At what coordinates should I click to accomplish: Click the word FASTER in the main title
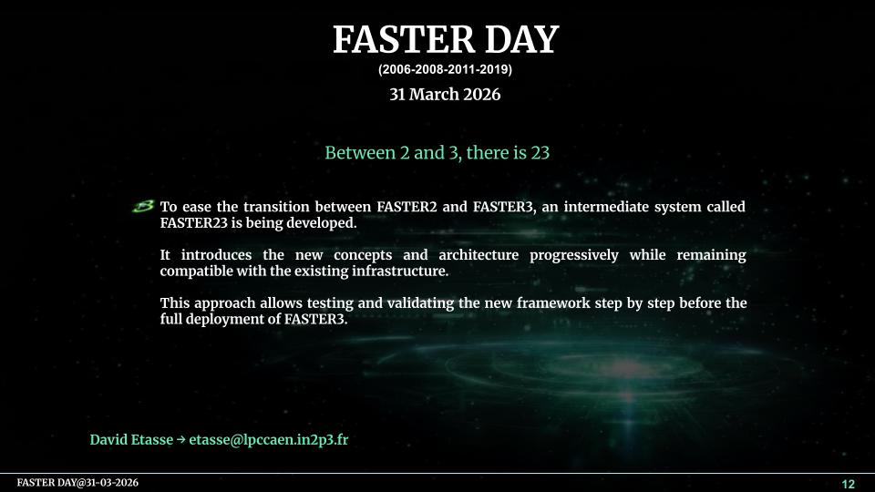[403, 39]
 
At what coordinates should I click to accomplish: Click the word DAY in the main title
[521, 39]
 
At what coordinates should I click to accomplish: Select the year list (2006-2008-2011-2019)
[445, 70]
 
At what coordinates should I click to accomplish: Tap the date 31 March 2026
[445, 94]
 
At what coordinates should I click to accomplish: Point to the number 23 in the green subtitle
[540, 152]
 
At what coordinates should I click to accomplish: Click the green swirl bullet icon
[143, 207]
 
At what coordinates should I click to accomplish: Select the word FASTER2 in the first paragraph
[407, 207]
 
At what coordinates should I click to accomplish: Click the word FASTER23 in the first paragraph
[193, 223]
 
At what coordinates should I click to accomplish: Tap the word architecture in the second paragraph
[479, 255]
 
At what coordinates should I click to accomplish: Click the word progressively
[573, 255]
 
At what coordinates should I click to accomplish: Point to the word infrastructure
[399, 272]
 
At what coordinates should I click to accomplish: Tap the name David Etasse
[131, 439]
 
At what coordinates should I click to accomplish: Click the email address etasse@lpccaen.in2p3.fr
[268, 439]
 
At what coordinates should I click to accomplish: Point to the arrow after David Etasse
[180, 439]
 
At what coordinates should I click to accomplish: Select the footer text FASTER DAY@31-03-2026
[77, 483]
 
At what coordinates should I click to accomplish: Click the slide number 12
[848, 484]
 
